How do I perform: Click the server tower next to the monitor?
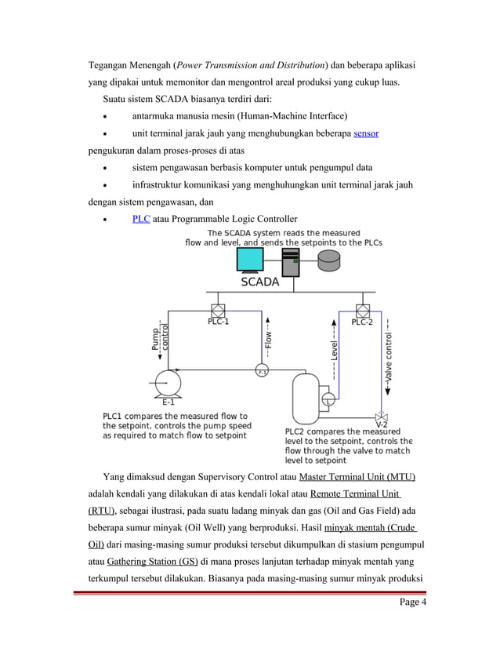290,262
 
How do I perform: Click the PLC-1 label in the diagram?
219,322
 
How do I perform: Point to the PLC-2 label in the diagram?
362,322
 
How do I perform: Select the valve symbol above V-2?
381,415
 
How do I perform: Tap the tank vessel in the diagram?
303,398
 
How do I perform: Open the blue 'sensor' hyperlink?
366,133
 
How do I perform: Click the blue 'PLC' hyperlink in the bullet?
141,218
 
